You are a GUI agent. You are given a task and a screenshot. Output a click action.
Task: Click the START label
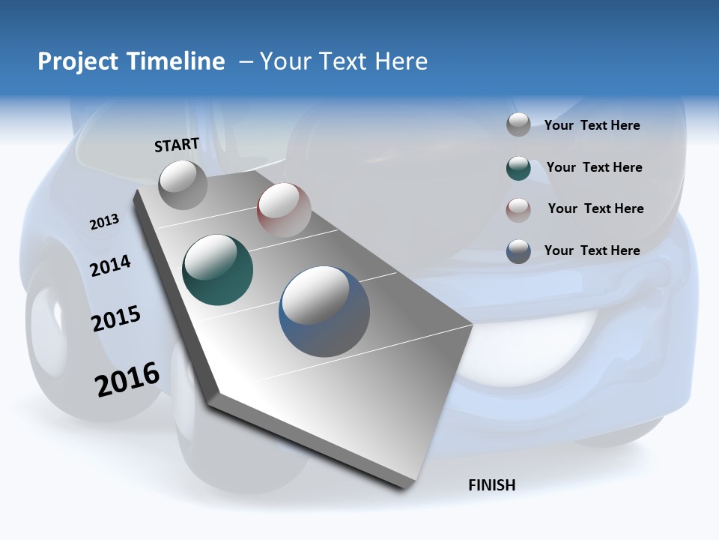tap(177, 145)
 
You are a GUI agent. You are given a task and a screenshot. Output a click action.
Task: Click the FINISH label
tap(492, 485)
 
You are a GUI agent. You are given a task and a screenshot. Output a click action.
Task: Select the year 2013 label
tap(104, 222)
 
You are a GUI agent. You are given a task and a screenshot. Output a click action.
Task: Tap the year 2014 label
tap(110, 266)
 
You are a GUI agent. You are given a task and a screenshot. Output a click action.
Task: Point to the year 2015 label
tap(116, 319)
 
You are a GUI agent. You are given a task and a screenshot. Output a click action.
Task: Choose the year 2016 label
tap(127, 379)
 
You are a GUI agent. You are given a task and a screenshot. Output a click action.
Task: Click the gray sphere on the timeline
tap(183, 184)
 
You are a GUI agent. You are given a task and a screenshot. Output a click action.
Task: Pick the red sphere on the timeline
tap(284, 209)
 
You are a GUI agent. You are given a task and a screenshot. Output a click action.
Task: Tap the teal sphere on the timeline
tap(218, 270)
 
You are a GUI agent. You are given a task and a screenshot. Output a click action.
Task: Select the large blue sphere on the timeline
tap(324, 311)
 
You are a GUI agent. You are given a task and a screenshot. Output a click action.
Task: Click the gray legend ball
tap(518, 125)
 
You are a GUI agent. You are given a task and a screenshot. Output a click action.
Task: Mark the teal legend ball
tap(518, 168)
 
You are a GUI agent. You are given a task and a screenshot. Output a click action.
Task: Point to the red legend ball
tap(518, 209)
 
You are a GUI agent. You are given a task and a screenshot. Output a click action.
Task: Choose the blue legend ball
tap(518, 251)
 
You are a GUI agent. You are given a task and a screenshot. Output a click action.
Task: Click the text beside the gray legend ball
tap(592, 126)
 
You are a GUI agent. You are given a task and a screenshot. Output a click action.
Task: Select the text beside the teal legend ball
tap(594, 168)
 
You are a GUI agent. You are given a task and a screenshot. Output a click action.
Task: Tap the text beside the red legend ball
tap(595, 208)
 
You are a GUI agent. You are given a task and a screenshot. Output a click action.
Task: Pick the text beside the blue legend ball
tap(592, 250)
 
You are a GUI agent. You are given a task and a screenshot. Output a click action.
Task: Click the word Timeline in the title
tap(178, 61)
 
